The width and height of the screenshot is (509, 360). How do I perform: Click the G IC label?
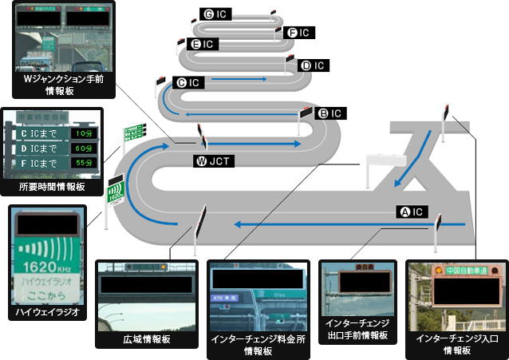(x=217, y=14)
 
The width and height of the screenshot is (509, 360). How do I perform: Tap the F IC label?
(x=299, y=33)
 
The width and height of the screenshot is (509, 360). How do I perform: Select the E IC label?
(x=203, y=43)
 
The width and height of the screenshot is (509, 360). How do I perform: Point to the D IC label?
(x=314, y=65)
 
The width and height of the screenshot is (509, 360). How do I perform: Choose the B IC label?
(x=330, y=113)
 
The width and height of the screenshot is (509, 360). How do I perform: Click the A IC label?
(x=414, y=212)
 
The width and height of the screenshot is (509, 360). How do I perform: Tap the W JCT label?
(x=212, y=160)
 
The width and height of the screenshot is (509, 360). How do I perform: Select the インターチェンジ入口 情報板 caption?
(x=456, y=344)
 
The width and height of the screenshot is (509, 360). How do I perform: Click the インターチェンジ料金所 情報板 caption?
(x=257, y=344)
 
